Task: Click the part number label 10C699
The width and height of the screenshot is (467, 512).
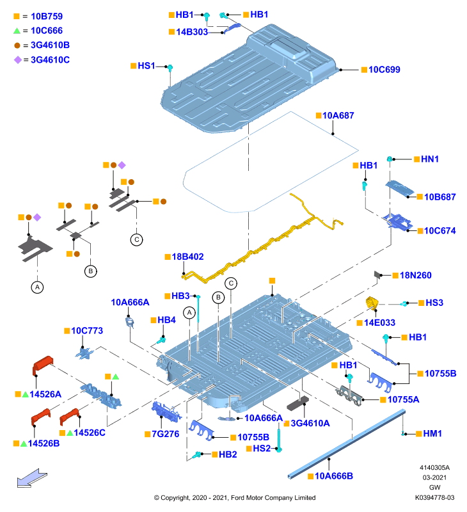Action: [x=384, y=70]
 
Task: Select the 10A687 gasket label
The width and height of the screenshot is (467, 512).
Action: [x=338, y=115]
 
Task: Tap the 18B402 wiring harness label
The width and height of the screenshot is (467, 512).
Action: [x=187, y=257]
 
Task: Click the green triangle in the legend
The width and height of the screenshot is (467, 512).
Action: [x=17, y=31]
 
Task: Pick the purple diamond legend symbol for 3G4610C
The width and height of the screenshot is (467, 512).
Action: [x=18, y=60]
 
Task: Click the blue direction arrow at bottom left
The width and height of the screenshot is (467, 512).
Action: [x=32, y=478]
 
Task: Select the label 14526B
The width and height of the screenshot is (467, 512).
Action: [x=44, y=444]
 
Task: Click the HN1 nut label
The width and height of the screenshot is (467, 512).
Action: [x=430, y=159]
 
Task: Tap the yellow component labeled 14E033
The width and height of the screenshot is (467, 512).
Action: [x=371, y=303]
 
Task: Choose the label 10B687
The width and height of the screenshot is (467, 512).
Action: [x=440, y=197]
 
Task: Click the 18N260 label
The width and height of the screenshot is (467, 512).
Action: [x=415, y=275]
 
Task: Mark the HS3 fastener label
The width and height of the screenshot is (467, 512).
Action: [x=434, y=303]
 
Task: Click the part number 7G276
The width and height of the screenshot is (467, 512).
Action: [x=166, y=434]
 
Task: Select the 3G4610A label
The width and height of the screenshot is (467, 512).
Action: [x=310, y=423]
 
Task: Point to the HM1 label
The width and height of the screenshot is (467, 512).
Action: [x=432, y=434]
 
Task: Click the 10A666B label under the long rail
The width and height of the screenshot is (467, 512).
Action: [x=334, y=476]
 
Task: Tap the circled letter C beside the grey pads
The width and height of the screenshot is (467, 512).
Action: [x=137, y=239]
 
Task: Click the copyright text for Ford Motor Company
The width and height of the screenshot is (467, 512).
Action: [x=235, y=498]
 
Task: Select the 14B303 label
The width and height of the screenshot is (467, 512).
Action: [x=192, y=31]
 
